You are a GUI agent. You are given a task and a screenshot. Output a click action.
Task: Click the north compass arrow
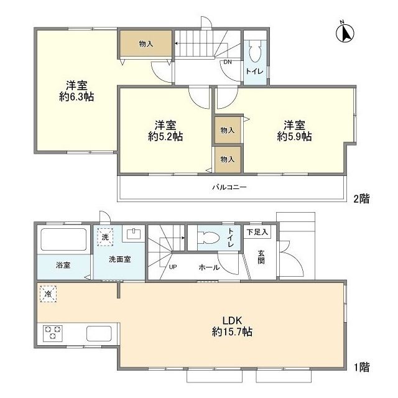pos(345,32)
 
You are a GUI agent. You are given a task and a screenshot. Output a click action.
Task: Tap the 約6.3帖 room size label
pos(76,97)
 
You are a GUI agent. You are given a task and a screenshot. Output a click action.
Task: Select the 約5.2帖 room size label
pos(165,136)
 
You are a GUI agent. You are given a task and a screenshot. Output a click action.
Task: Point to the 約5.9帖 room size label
pos(294,136)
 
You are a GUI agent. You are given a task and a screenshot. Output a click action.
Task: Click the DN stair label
pos(228,62)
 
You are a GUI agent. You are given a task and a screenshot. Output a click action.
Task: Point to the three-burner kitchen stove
pos(53,333)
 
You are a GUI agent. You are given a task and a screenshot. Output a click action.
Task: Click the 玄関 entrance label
pos(261,256)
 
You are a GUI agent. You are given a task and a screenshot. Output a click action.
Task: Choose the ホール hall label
pos(208,267)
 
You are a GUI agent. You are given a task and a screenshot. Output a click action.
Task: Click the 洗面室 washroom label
pos(119,259)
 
